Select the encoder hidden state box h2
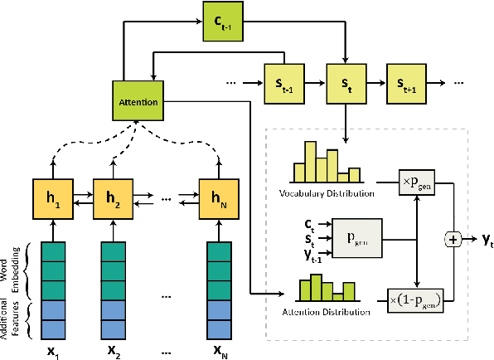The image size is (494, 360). point(114,199)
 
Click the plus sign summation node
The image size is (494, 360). point(454,239)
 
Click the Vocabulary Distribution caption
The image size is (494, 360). point(324,193)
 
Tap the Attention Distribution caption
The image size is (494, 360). point(324,313)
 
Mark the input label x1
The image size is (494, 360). point(52,348)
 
